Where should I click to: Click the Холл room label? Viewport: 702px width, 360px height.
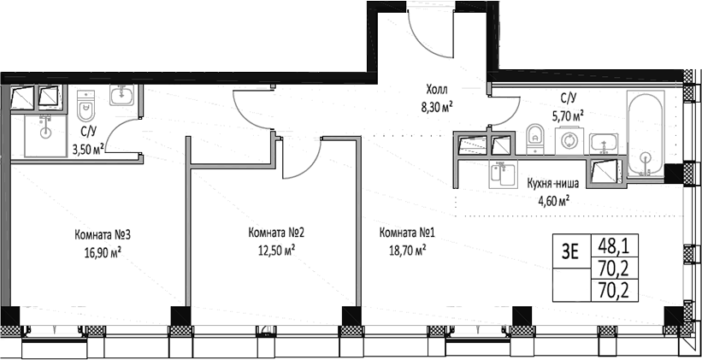pos(436,91)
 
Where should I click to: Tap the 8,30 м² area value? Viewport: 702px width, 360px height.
pos(434,107)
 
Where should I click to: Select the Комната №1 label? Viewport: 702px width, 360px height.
pos(407,233)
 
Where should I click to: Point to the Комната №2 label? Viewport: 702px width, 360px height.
pos(276,233)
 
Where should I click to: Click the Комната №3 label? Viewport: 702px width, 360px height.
pos(103,235)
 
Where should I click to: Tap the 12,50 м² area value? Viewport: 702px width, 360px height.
pos(276,251)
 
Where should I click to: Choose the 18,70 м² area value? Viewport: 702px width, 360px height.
pos(407,251)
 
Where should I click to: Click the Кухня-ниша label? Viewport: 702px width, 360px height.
pos(553,183)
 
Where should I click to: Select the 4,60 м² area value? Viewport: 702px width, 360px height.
pos(553,200)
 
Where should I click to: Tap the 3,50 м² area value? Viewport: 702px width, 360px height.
pos(90,148)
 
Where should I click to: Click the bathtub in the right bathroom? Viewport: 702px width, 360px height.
pos(646,133)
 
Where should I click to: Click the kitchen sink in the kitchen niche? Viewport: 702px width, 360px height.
pos(504,174)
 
